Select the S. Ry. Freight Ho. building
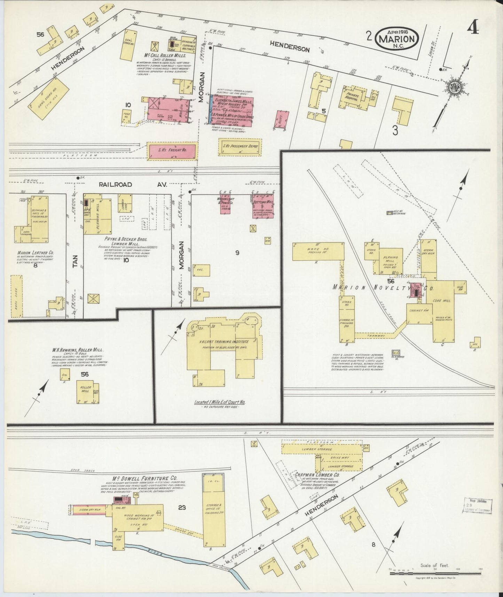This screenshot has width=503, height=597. [x=172, y=151]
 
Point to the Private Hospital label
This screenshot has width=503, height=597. [x=352, y=97]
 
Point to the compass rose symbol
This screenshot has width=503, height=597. [x=455, y=87]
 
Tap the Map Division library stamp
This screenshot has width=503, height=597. [x=479, y=505]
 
